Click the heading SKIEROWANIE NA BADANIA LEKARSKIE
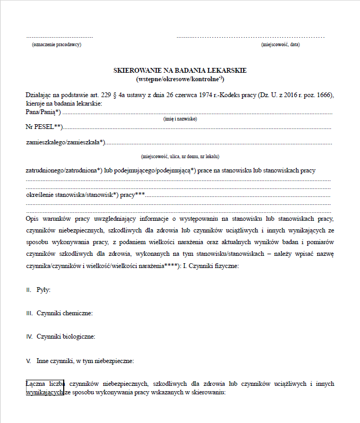pos(180,71)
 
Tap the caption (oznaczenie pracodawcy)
pos(56,45)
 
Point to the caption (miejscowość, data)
pos(280,45)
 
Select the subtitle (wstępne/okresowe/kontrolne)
pos(180,79)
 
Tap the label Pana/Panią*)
pos(44,112)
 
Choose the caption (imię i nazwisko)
pos(180,119)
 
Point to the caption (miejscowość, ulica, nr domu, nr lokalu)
pos(180,157)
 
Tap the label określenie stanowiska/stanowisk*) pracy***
pos(85,195)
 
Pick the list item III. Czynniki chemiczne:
pos(59,314)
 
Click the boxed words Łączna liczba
pos(45,384)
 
